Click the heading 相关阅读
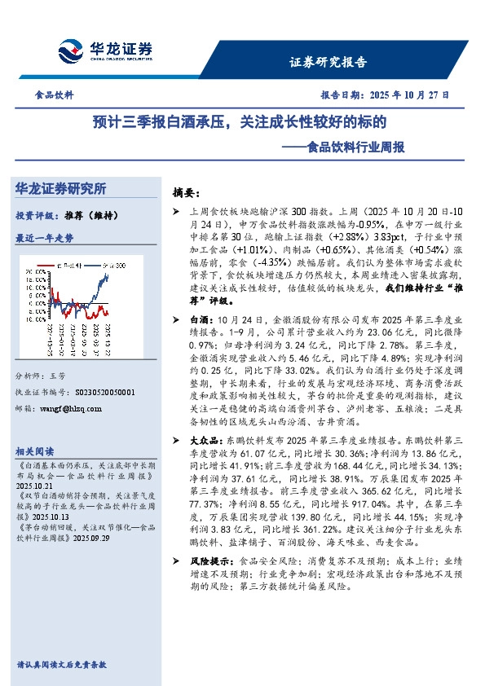coord(35,451)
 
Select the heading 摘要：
coord(186,193)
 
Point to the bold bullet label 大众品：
coord(205,438)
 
